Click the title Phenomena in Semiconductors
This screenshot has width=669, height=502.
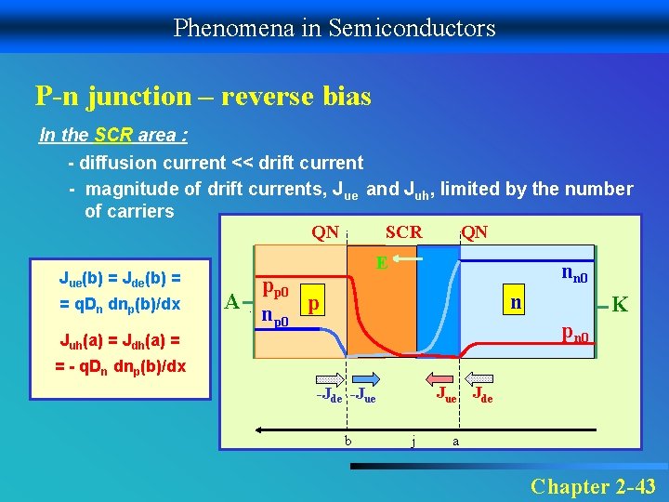point(334,27)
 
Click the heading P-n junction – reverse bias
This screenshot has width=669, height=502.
point(203,95)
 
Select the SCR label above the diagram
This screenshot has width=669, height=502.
point(403,231)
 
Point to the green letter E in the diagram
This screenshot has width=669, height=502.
point(381,264)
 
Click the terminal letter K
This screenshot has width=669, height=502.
point(621,304)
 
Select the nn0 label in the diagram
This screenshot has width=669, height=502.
point(578,273)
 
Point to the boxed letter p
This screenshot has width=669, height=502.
point(316,304)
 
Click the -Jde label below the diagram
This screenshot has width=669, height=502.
point(330,398)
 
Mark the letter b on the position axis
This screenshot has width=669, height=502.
point(347,440)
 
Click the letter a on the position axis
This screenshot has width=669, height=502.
point(454,441)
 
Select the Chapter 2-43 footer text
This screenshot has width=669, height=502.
point(593,485)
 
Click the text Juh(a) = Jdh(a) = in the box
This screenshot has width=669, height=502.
point(119,341)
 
